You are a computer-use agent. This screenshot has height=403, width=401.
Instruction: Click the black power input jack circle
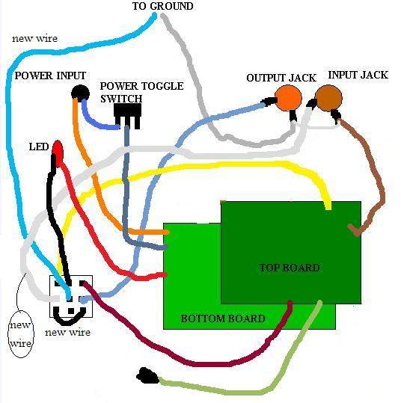(80, 93)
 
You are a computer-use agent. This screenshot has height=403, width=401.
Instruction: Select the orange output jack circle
(288, 98)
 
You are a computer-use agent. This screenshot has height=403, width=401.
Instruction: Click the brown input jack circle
(328, 98)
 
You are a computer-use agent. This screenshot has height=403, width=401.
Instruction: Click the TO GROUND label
(162, 6)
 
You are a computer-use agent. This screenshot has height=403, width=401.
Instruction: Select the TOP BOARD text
(290, 268)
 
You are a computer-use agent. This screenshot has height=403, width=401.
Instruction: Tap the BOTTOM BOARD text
(223, 319)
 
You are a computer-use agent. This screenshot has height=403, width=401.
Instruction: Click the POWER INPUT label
(50, 76)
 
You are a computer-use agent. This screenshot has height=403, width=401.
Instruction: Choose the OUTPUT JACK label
(281, 78)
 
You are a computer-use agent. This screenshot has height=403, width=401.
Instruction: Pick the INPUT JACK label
(358, 75)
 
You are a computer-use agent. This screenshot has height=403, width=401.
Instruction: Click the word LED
(39, 147)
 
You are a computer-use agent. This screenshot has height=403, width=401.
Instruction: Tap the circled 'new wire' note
(21, 334)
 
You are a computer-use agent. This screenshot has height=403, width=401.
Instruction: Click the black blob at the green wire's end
(147, 376)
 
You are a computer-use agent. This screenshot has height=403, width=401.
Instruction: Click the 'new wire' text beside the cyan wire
(34, 39)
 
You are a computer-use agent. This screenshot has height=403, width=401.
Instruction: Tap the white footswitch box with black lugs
(71, 296)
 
